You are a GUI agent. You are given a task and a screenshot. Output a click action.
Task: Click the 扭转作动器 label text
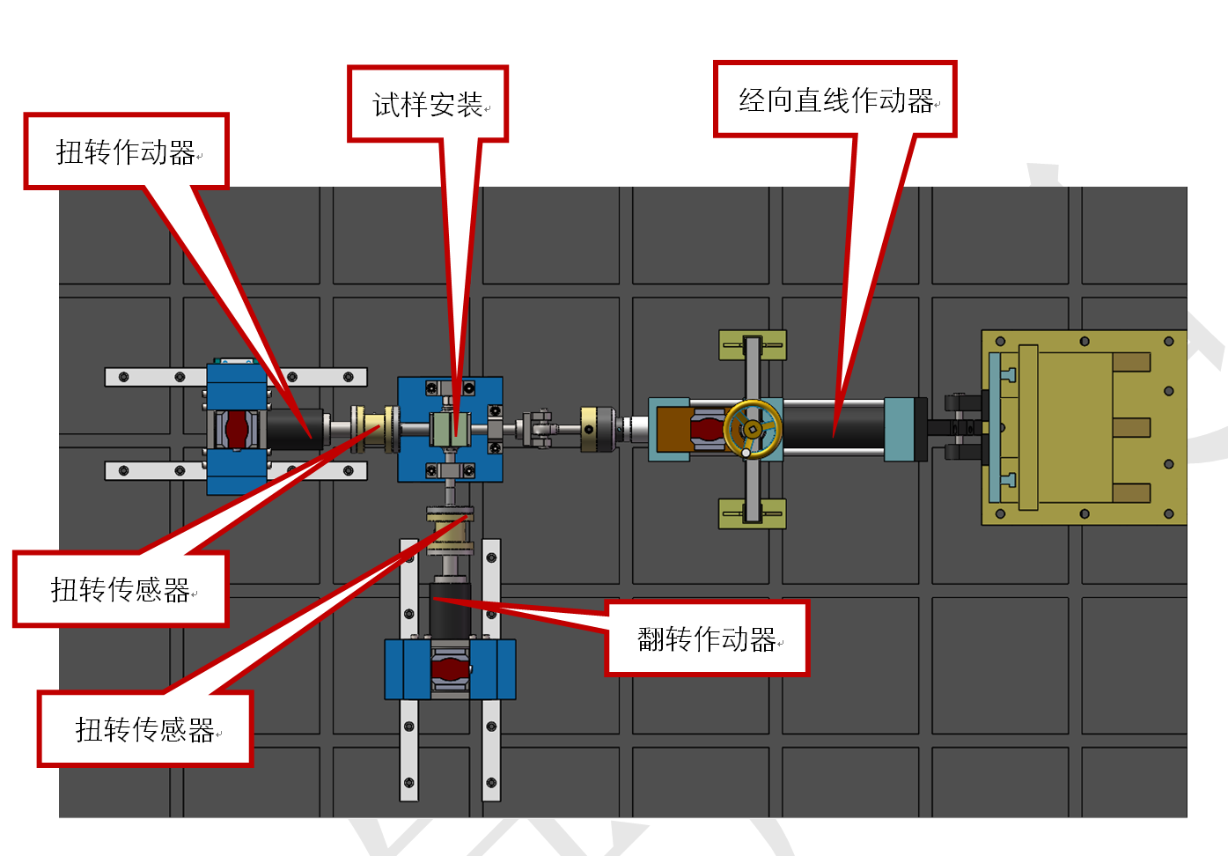pos(126,151)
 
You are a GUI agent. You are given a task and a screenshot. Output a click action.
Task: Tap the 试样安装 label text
pos(428,104)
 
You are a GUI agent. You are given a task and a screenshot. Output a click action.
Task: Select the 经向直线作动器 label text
pos(836,100)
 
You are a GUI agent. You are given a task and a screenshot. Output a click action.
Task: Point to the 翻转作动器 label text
pos(707,639)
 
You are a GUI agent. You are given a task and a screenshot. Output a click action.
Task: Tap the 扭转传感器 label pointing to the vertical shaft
pos(144,730)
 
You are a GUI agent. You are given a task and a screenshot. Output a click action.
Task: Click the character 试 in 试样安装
pos(386,104)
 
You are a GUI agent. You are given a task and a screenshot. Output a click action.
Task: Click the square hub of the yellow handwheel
pos(753,429)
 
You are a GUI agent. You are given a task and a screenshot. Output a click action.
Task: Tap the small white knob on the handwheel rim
pos(746,453)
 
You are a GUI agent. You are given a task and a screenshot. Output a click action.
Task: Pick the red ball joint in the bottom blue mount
pos(450,669)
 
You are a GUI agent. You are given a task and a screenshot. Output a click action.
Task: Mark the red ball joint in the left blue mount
pos(237,430)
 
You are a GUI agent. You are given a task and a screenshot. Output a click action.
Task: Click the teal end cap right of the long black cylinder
pos(899,430)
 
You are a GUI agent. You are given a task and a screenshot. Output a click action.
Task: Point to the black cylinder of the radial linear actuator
pos(834,429)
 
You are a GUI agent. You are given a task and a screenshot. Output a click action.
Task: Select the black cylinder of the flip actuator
pos(450,610)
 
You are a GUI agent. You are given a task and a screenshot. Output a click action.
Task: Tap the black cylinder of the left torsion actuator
pos(295,430)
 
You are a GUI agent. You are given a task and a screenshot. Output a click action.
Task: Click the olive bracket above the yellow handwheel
pos(753,345)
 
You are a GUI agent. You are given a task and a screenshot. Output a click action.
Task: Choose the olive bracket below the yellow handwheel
pos(753,513)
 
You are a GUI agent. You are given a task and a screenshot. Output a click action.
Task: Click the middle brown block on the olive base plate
pos(1131,428)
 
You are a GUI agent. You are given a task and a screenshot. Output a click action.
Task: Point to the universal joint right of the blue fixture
pos(539,429)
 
